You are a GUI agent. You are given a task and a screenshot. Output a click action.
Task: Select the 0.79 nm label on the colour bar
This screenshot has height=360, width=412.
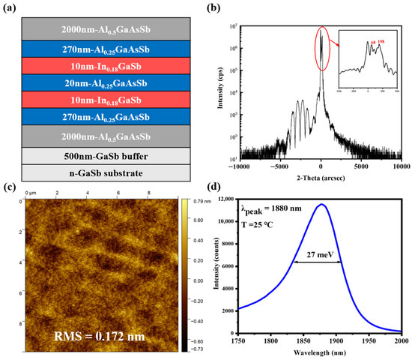[x=202, y=201]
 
